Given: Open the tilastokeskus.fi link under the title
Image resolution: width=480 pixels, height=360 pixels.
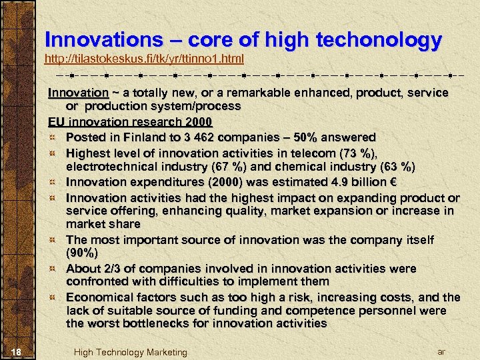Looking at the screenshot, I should tap(144, 59).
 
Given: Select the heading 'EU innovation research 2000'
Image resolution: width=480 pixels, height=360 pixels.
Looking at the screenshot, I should tap(130, 122).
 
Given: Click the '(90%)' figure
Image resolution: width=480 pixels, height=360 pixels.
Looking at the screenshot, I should tap(82, 253).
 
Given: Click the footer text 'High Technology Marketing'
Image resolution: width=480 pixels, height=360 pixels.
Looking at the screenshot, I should tap(131, 352).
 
